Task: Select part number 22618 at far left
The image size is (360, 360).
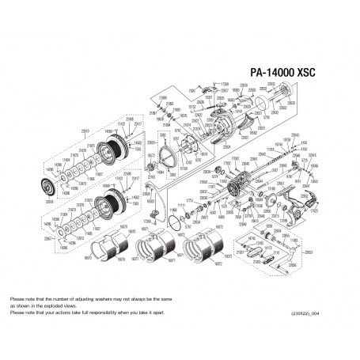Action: click(x=50, y=201)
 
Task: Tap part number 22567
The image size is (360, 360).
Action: click(x=48, y=238)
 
